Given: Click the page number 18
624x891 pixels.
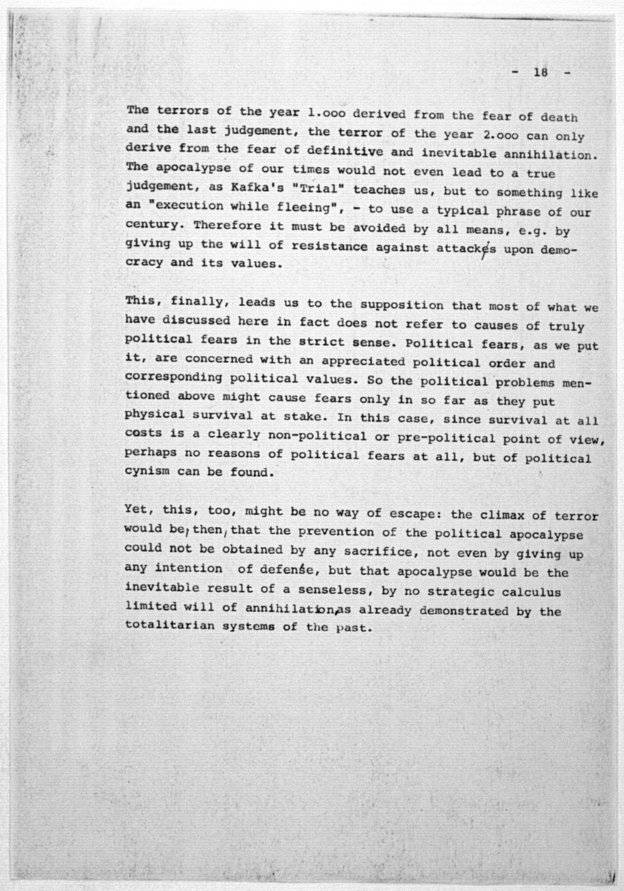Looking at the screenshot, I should coord(540,72).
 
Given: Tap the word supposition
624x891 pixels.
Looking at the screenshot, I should coord(402,305).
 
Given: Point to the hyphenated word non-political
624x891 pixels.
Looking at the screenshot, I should coord(317,436).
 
